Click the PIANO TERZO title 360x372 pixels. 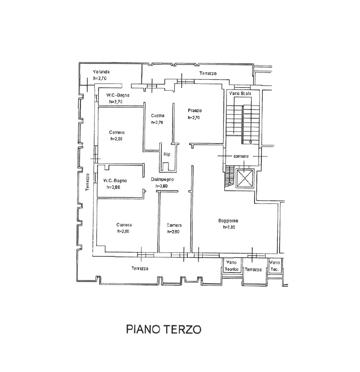[163, 329]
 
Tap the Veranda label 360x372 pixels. [102, 72]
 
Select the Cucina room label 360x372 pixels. [157, 116]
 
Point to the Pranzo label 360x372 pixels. [195, 110]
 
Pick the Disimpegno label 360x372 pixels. [162, 180]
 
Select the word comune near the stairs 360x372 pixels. [241, 156]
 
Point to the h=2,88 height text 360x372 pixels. [113, 187]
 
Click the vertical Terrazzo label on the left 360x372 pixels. [87, 182]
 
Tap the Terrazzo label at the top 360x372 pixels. [208, 73]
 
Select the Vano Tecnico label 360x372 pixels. [231, 266]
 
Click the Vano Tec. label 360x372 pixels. [275, 266]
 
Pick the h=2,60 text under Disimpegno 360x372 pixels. [162, 186]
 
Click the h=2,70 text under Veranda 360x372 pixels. [101, 78]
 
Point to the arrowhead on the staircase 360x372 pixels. [251, 142]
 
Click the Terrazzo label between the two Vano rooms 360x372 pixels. [253, 269]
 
